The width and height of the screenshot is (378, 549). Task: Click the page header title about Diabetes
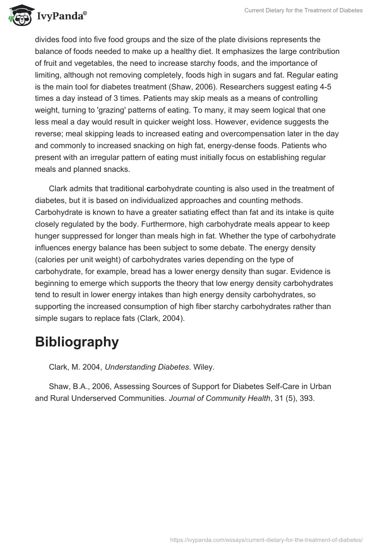[x=303, y=10]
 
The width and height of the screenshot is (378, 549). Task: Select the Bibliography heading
[x=77, y=342]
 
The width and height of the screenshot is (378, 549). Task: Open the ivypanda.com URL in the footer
[x=266, y=539]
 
